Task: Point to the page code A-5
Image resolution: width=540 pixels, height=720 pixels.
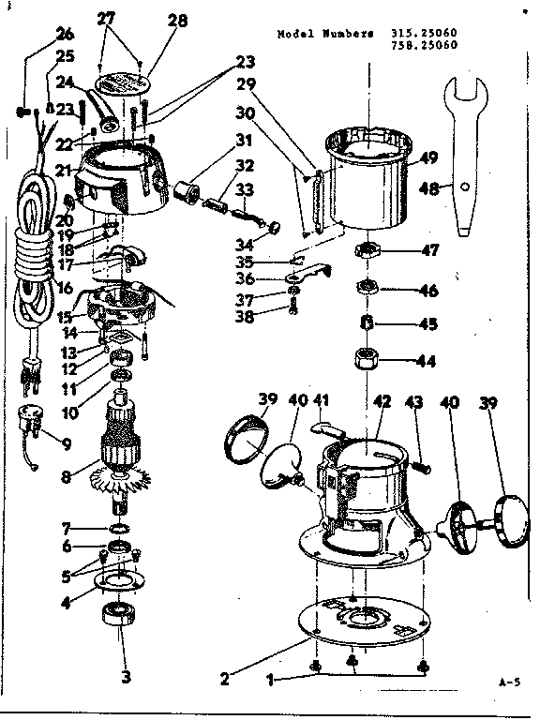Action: (x=510, y=683)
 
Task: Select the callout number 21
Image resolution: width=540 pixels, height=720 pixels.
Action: (x=64, y=170)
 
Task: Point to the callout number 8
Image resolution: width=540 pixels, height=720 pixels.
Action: (x=67, y=474)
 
